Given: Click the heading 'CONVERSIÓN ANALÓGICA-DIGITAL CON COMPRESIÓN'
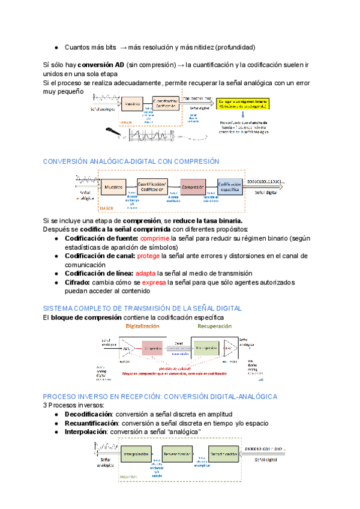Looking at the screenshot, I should (131, 161).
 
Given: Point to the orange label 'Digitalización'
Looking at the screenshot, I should (142, 326).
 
